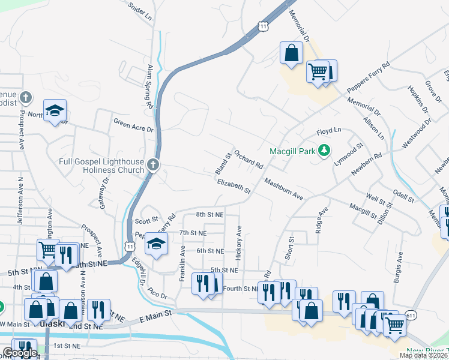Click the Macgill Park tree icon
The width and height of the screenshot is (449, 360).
coord(325,150)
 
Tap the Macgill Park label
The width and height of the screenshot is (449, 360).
coord(292,151)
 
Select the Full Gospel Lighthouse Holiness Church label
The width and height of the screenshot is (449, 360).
coord(101,166)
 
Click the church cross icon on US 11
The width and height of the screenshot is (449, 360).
coord(153,164)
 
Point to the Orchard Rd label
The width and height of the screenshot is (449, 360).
coord(249,159)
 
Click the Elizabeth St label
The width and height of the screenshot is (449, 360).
coord(234,186)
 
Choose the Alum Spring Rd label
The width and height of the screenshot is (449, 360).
coord(150,87)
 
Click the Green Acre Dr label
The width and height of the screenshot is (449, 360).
coord(134,125)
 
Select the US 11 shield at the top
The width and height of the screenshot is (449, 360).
coord(263,26)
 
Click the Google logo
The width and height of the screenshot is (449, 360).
coord(20,353)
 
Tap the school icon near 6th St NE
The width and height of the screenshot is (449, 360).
coord(156,245)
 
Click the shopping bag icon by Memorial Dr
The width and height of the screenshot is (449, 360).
coord(291,52)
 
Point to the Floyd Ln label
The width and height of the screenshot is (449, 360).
coord(328,131)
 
